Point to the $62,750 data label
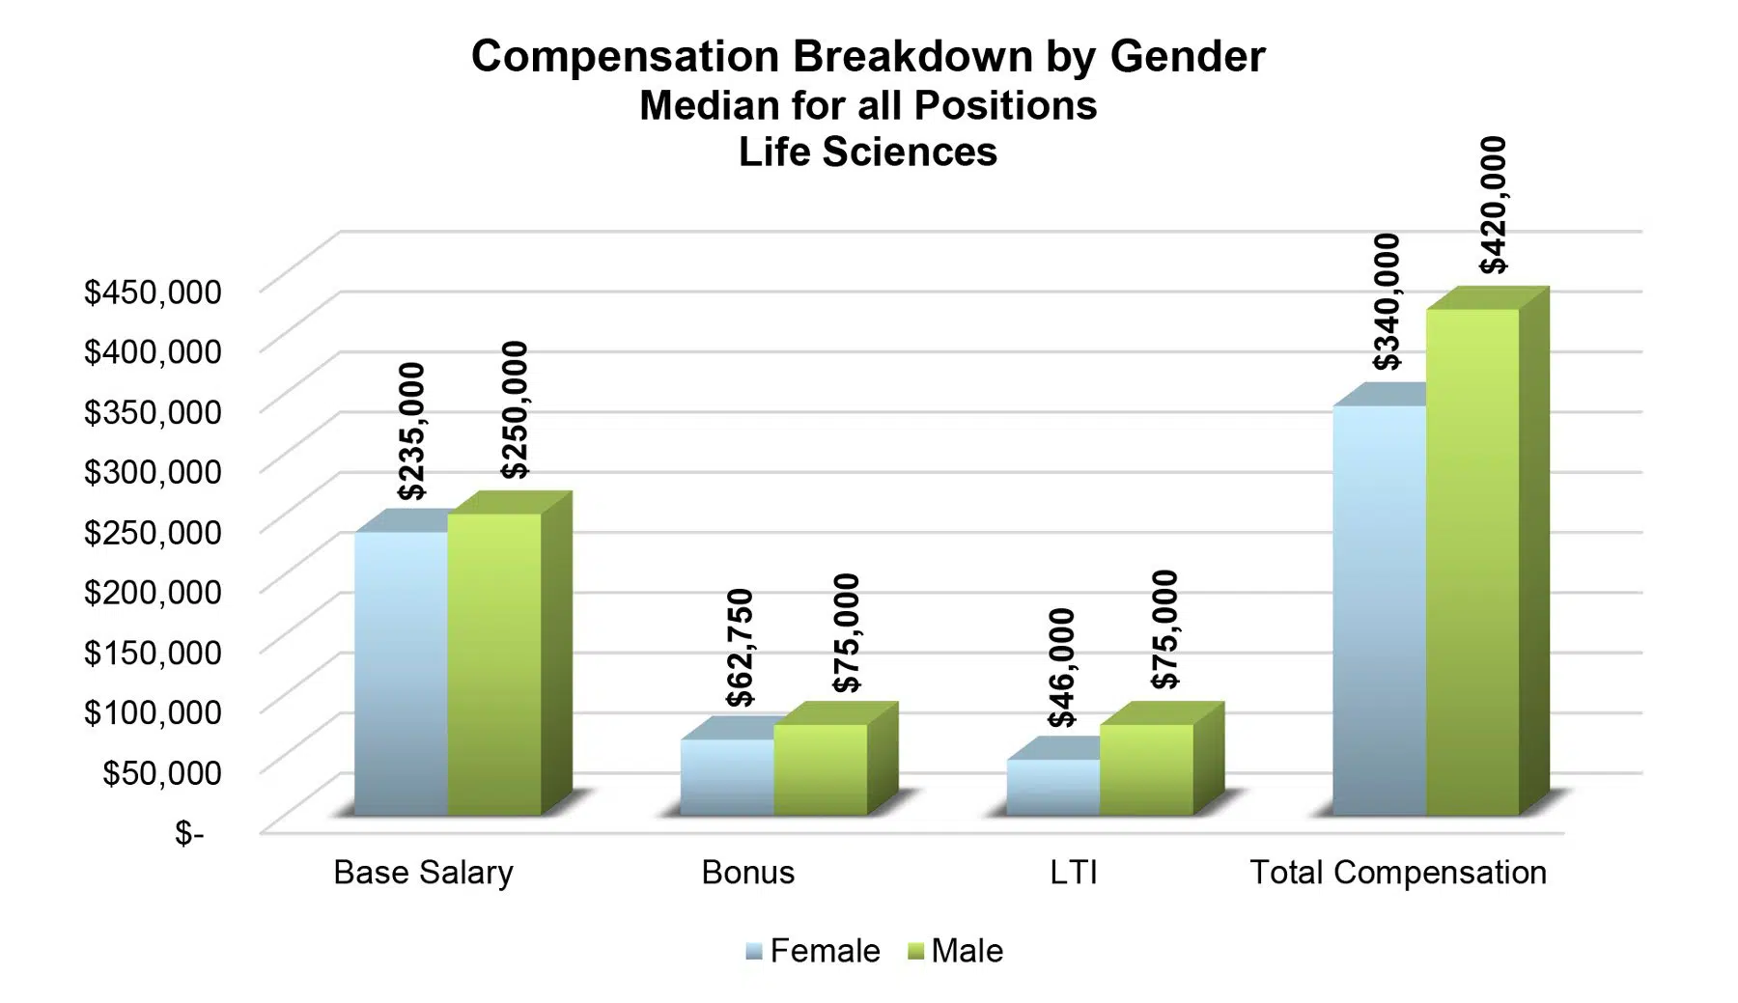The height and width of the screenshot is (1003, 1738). tap(740, 648)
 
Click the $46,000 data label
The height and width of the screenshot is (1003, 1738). tap(1062, 667)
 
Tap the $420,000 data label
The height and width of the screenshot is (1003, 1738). tap(1493, 205)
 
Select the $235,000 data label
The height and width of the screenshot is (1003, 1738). tap(412, 431)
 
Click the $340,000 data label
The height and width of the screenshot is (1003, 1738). tap(1388, 301)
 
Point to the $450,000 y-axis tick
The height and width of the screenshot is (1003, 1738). tap(153, 292)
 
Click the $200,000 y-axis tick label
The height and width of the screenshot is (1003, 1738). tap(153, 592)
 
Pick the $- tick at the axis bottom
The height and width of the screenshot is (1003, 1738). tap(189, 832)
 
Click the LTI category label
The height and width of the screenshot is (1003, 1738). tap(1074, 873)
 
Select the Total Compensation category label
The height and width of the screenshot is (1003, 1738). tap(1398, 873)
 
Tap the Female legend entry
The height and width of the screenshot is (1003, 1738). tap(813, 951)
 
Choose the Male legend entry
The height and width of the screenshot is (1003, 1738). tap(956, 951)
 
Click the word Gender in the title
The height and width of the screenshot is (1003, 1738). tap(1188, 56)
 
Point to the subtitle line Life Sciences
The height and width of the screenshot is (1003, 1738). tap(867, 153)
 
